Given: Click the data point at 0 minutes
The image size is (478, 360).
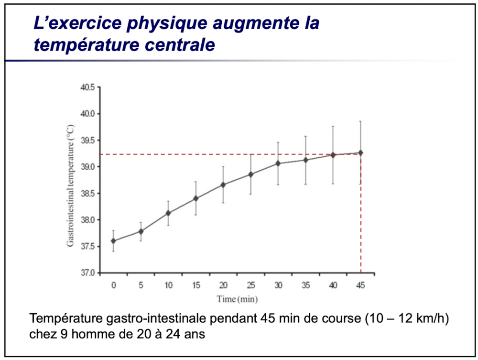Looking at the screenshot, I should point(113,241).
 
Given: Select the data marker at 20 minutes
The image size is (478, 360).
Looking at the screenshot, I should point(223,185).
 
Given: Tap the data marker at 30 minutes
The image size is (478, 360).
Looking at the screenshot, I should point(278,164).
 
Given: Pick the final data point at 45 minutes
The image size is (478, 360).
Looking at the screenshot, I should point(361,153).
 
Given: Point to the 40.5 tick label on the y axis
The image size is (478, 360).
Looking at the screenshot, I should point(87,87).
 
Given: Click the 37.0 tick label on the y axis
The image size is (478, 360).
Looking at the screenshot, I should point(87,273).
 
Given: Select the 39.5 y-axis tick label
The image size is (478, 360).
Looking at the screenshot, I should point(87,140).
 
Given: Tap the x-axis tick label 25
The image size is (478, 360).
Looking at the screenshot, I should point(250,285).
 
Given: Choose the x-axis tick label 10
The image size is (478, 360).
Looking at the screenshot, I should point(168,285).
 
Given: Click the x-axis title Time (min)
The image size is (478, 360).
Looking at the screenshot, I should point(237,300).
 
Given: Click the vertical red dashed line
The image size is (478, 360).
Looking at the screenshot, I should point(361,215).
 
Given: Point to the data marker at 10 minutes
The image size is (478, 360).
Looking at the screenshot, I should point(168,213).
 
